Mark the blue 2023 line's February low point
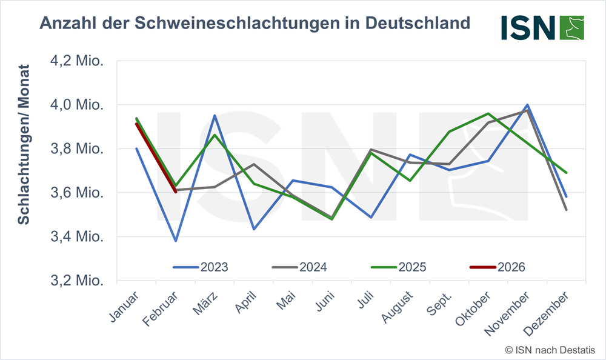pos(176,241)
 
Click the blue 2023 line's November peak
pos(528,105)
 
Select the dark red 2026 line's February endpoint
pos(176,192)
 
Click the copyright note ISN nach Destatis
pos(550,350)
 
